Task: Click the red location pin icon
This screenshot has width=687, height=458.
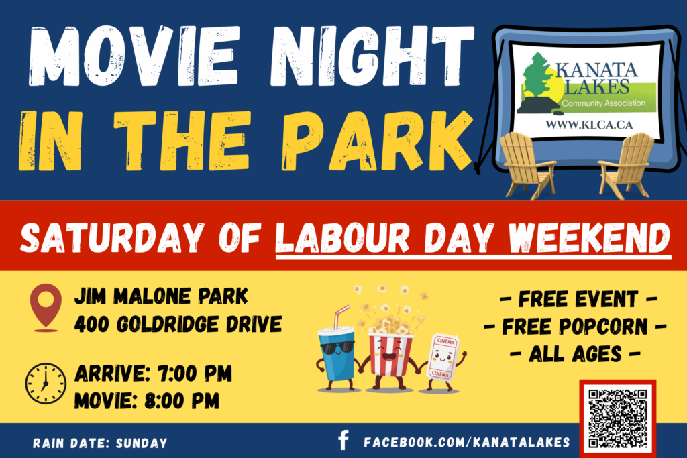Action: (x=46, y=306)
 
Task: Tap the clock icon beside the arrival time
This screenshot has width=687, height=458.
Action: (x=46, y=384)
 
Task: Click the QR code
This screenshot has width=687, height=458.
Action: (x=617, y=418)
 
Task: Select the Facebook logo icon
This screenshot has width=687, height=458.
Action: (x=344, y=440)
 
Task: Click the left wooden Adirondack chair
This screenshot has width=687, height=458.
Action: (x=527, y=164)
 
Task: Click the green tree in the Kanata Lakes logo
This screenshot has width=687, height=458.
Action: (x=536, y=75)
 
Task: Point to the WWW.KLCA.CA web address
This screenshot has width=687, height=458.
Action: (x=589, y=125)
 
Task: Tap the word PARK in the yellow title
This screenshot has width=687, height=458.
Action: (x=377, y=140)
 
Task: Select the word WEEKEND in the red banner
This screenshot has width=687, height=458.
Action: (x=589, y=238)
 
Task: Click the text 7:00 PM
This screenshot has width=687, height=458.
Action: (x=195, y=374)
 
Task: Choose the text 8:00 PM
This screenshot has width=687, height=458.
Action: (x=182, y=400)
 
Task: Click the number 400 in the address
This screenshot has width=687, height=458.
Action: (x=91, y=325)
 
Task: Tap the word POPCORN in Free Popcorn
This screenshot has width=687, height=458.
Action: (x=575, y=327)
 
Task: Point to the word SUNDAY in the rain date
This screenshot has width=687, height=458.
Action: (x=142, y=443)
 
